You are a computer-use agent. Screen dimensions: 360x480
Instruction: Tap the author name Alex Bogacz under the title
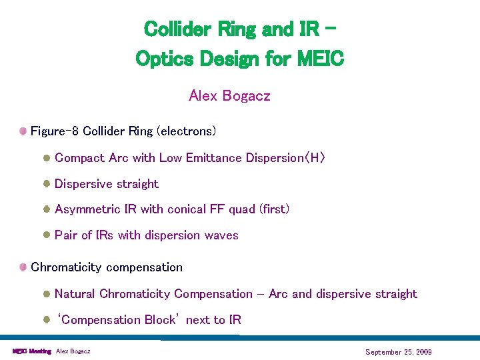coord(229,96)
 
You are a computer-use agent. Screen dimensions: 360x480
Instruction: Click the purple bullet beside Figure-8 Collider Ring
coord(23,131)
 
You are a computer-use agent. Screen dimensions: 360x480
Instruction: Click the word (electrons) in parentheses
coord(186,131)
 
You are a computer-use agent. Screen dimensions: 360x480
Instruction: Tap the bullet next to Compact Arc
coord(47,158)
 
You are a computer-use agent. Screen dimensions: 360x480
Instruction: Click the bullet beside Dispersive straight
coord(47,184)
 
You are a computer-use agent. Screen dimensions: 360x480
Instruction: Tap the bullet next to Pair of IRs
coord(47,235)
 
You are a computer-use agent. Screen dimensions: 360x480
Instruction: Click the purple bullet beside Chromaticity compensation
coord(23,267)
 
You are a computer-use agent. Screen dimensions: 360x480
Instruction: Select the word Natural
coord(75,294)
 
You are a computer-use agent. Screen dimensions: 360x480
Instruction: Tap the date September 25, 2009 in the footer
coord(398,351)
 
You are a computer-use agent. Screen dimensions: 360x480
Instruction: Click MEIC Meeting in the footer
coord(31,351)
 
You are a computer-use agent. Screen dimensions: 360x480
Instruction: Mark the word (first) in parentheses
coord(274,209)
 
